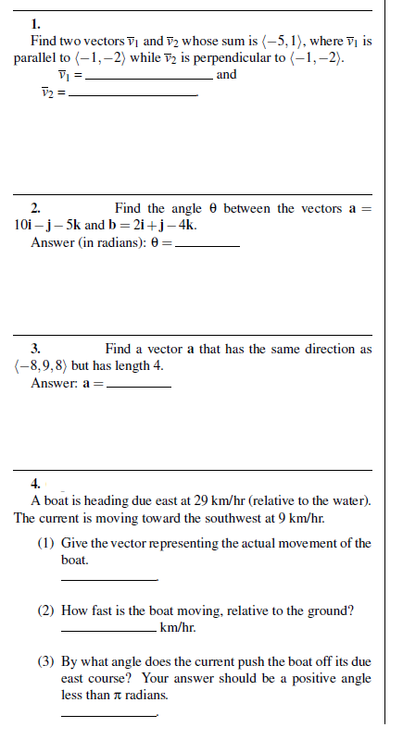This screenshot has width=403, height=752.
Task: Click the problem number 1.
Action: click(34, 25)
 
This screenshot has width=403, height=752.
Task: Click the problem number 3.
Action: click(35, 349)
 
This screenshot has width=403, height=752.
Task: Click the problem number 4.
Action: click(35, 484)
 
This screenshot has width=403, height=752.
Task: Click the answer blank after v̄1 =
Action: click(148, 78)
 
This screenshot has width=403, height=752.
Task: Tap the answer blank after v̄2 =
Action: click(133, 95)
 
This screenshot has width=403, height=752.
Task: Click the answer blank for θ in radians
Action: click(207, 246)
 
